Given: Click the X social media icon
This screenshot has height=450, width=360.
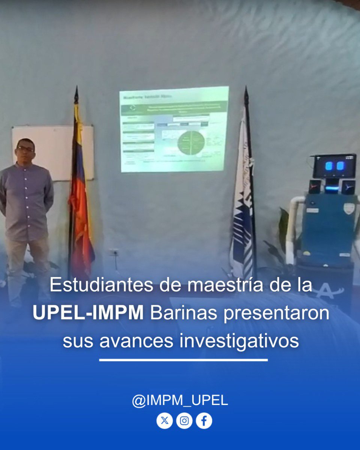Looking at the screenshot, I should tap(164, 421).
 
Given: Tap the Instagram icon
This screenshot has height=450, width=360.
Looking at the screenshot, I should tap(184, 421).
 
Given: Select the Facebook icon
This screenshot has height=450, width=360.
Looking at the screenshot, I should tap(204, 421).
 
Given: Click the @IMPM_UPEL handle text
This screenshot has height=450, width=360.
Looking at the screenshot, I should tap(180, 400).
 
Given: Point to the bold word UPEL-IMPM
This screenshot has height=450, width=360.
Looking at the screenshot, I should tap(88, 313).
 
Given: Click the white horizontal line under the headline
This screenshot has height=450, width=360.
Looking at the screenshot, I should tap(183, 360).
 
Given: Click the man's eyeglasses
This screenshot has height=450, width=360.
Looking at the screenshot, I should tap(25, 149).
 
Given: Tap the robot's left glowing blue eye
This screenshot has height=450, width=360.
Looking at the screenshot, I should tap(329, 166).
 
